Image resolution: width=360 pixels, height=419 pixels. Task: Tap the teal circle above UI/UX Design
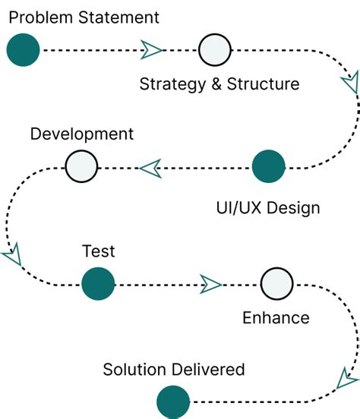pyautogui.click(x=268, y=167)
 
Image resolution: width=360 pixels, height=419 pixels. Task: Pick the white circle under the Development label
pyautogui.click(x=81, y=167)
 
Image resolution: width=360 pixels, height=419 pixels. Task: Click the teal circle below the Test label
pyautogui.click(x=97, y=285)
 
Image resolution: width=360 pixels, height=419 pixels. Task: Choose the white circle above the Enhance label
pyautogui.click(x=276, y=285)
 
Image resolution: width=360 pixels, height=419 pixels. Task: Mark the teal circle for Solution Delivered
pyautogui.click(x=172, y=402)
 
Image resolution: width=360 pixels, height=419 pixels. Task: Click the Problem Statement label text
pyautogui.click(x=84, y=17)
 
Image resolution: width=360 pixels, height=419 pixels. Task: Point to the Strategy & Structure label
pyautogui.click(x=219, y=83)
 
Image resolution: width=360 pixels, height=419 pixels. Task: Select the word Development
pyautogui.click(x=81, y=134)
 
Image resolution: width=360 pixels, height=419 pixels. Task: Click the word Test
pyautogui.click(x=98, y=251)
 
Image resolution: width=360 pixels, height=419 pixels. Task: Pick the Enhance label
pyautogui.click(x=276, y=317)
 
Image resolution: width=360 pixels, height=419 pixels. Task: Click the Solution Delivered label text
pyautogui.click(x=174, y=370)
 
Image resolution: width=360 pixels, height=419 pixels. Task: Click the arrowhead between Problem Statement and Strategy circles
pyautogui.click(x=152, y=50)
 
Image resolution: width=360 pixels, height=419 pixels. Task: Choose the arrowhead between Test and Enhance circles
pyautogui.click(x=210, y=285)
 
